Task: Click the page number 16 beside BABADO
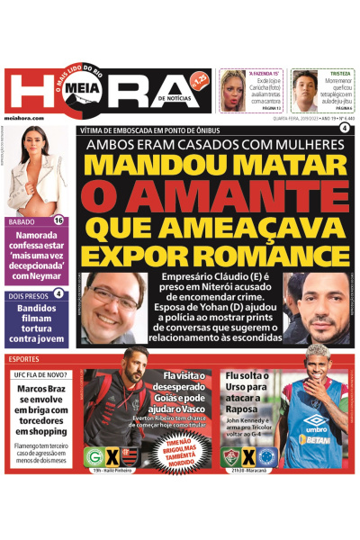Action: tap(59, 220)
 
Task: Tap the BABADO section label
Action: tap(22, 221)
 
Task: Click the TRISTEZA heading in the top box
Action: tap(339, 74)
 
